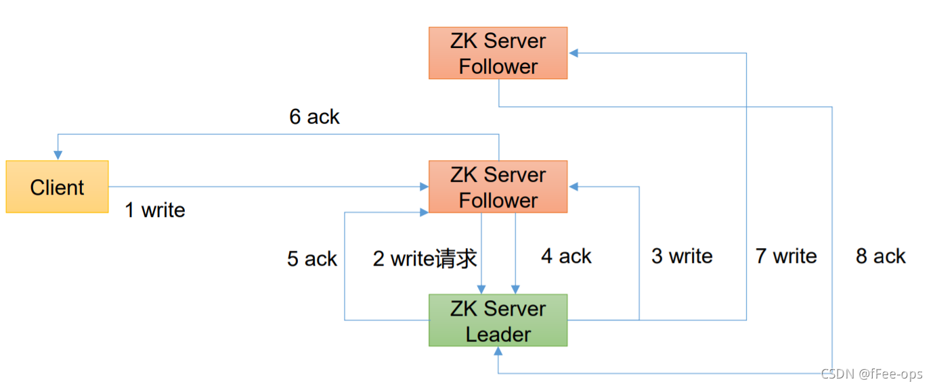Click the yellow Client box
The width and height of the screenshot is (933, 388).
point(57,187)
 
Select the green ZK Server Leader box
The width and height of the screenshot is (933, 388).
point(498,320)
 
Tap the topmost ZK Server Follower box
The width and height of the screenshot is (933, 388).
point(498,53)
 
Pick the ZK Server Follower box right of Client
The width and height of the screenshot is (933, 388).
point(498,187)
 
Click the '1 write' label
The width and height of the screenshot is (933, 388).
point(155,210)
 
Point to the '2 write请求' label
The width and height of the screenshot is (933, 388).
point(425,258)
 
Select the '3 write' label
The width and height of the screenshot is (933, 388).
point(682,256)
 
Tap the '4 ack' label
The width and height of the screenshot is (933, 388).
point(566,256)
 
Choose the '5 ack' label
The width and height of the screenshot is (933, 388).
point(311,259)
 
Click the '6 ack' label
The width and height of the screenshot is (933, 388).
point(314,117)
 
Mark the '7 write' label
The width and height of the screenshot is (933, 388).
point(786,256)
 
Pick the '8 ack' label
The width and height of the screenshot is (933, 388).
point(880,256)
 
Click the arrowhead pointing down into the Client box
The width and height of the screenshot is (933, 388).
point(58,156)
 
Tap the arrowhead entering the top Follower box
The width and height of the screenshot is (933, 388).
point(573,53)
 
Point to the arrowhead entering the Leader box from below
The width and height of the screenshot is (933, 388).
point(498,351)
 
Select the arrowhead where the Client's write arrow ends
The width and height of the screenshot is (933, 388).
point(425,187)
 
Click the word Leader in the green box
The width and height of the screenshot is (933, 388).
point(498,334)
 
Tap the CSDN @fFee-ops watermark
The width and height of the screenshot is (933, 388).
point(871,374)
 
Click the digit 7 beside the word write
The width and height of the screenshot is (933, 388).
point(762,256)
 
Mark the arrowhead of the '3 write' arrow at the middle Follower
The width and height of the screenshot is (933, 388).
point(573,187)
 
